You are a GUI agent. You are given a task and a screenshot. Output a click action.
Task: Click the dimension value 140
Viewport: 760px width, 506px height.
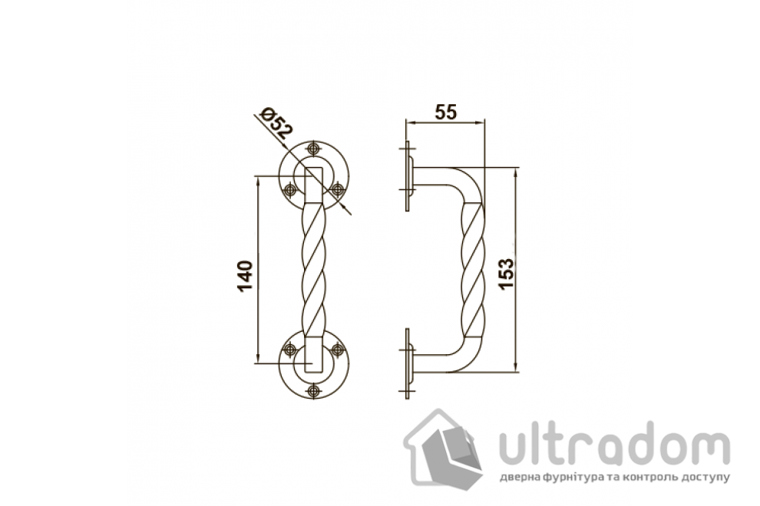point(246,275)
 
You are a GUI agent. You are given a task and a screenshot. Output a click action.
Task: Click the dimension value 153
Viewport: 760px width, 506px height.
point(506,274)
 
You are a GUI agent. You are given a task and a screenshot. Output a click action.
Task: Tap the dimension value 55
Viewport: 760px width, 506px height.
point(445,112)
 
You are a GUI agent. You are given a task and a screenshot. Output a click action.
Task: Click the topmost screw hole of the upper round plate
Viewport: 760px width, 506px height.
point(314,148)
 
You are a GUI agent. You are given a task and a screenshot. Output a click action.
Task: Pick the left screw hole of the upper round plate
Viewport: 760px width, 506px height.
point(290,189)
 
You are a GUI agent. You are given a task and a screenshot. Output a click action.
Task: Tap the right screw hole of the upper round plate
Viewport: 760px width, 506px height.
point(337,189)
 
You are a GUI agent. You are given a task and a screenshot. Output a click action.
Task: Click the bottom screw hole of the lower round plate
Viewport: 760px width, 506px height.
point(314,390)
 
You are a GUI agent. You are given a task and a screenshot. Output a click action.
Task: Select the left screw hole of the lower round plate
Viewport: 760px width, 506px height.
point(290,349)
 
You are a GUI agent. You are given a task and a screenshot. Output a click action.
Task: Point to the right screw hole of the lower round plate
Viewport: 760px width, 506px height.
point(337,349)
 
